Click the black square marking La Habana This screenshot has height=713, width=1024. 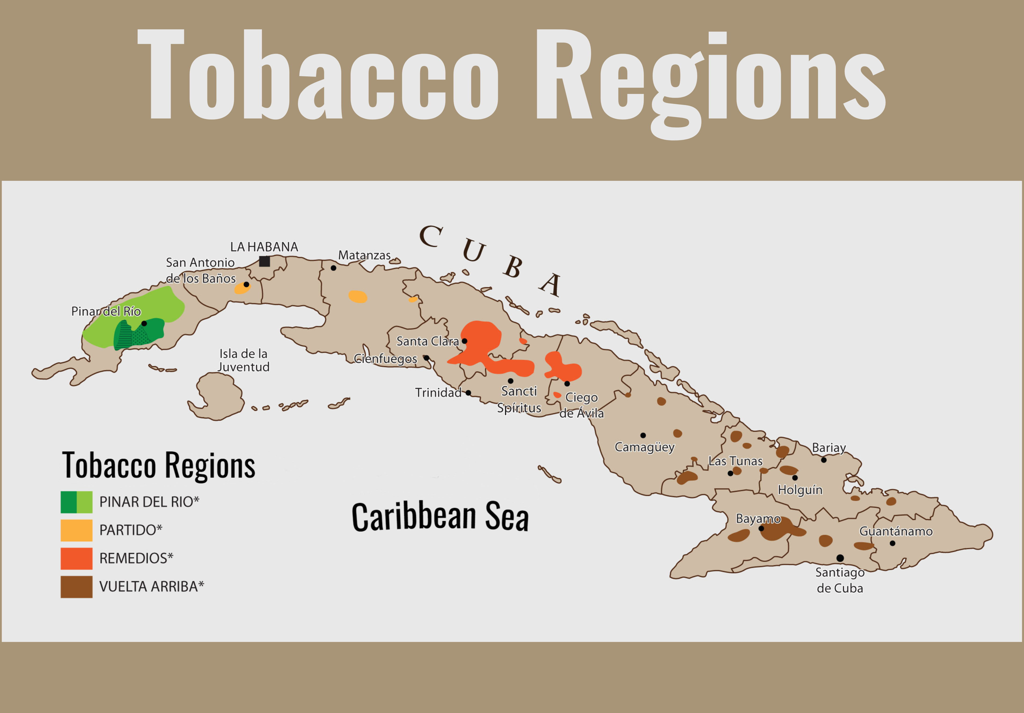coord(264,261)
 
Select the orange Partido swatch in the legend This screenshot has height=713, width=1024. coord(76,530)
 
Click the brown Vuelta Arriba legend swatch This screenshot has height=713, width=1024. coord(76,587)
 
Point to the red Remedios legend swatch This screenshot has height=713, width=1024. coord(76,558)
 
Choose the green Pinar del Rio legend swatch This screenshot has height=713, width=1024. coord(76,502)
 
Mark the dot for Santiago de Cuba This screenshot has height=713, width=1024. coord(840,558)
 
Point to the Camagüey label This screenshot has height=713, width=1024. coord(644,447)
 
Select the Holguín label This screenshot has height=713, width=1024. coord(800,490)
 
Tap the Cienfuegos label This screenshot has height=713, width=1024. coord(385,359)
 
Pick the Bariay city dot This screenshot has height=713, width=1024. coord(824,460)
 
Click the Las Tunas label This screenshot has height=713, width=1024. coord(735,461)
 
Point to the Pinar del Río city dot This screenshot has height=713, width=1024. coord(144,323)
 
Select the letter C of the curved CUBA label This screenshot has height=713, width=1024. coord(431,237)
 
